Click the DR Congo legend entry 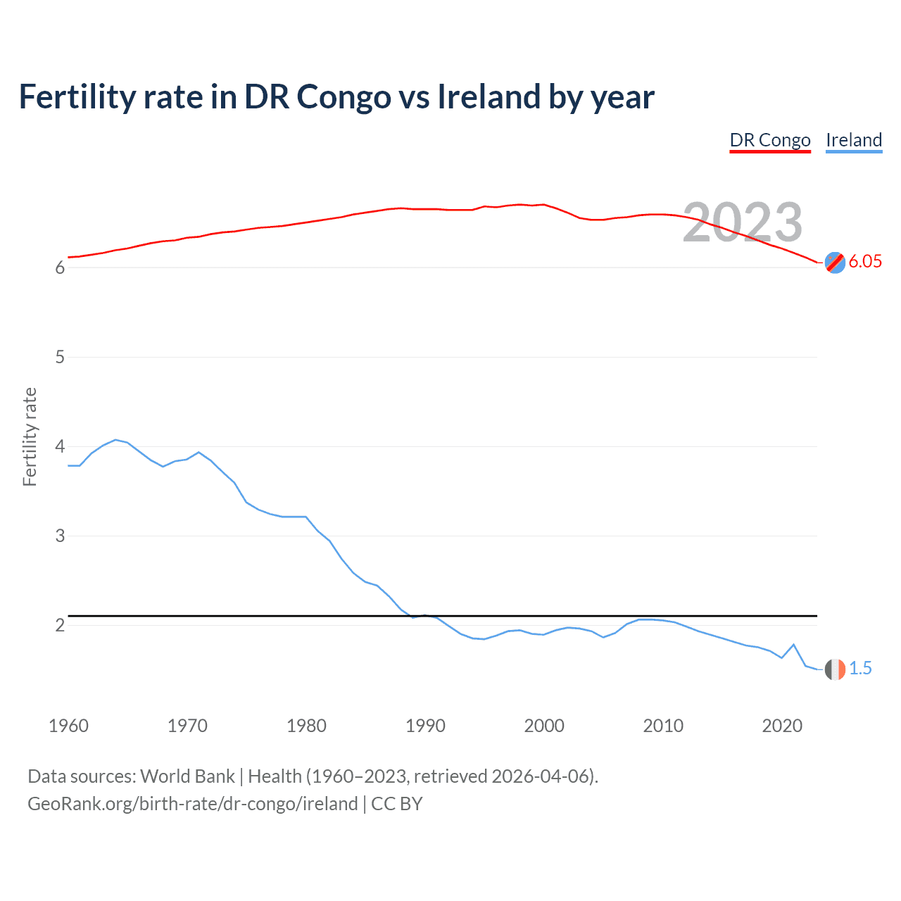(x=770, y=140)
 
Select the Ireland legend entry (x=854, y=140)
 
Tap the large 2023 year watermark (x=743, y=222)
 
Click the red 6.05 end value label (x=865, y=261)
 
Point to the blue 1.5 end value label (x=860, y=668)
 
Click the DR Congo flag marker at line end (x=835, y=262)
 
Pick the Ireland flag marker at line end (x=835, y=669)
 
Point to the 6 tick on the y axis (x=60, y=267)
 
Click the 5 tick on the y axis (x=60, y=357)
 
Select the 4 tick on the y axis (x=60, y=446)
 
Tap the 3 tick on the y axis (x=60, y=536)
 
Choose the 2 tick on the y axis (x=60, y=625)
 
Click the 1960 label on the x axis (x=68, y=726)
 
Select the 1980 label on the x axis (x=306, y=726)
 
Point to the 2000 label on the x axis (x=544, y=726)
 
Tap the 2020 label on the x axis (x=782, y=726)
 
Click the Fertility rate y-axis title (x=30, y=436)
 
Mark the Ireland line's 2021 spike (x=794, y=644)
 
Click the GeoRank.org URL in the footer (x=192, y=804)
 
